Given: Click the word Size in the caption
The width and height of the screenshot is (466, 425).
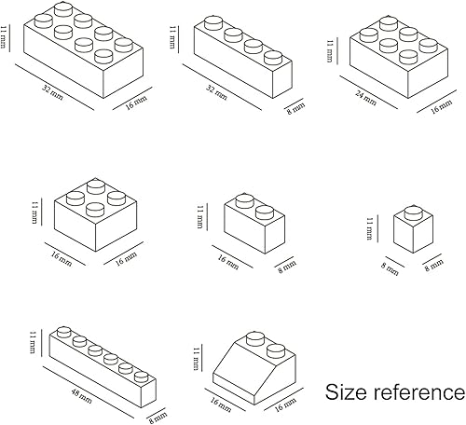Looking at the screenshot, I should (346, 391).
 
